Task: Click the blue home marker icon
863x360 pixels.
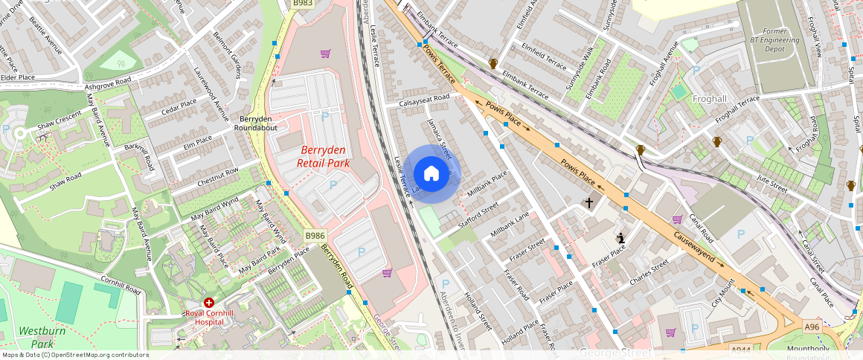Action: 431,174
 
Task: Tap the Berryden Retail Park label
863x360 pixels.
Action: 323,156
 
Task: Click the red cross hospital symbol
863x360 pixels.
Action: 209,303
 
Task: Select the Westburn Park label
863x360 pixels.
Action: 37,337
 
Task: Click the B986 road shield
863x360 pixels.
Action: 315,236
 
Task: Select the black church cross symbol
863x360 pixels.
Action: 589,202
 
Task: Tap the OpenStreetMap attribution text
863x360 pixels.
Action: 74,355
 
